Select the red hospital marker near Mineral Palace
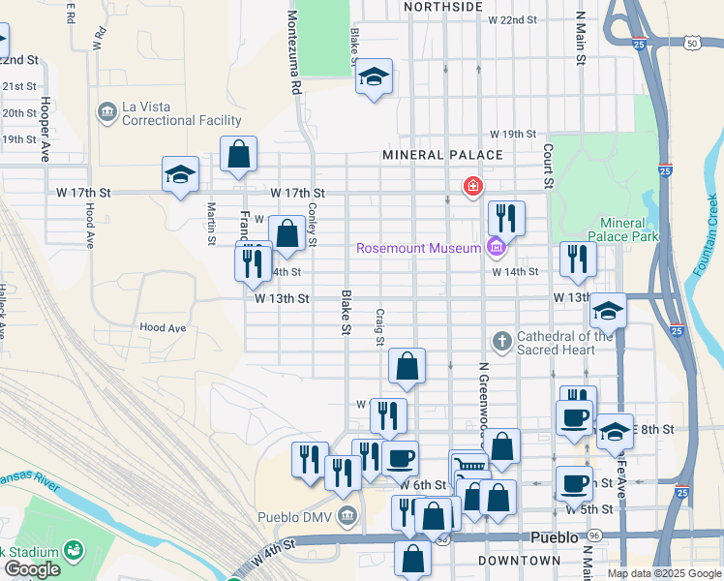click(x=472, y=186)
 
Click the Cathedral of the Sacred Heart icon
click(x=501, y=341)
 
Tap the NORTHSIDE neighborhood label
click(x=443, y=7)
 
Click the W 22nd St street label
click(x=512, y=19)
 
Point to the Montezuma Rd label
click(x=292, y=53)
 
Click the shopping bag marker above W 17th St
click(x=238, y=154)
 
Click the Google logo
click(x=31, y=569)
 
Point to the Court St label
click(x=548, y=166)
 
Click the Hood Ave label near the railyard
click(x=163, y=328)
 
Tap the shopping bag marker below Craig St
click(x=407, y=366)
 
